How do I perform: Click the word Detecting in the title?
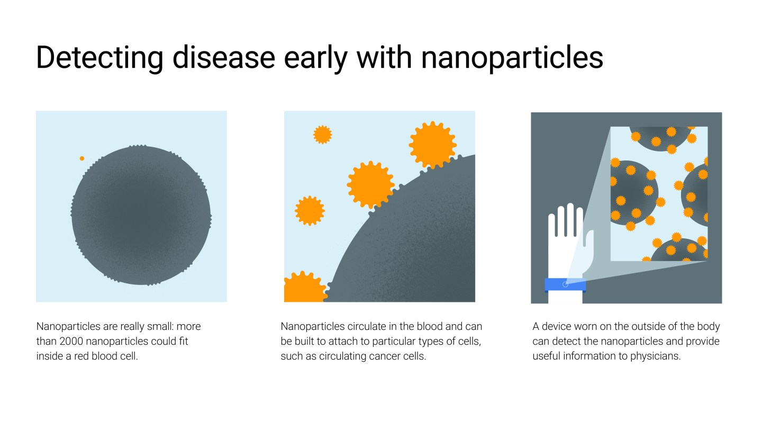pos(99,58)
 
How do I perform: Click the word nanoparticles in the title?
pos(512,58)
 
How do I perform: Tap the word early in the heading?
pos(315,58)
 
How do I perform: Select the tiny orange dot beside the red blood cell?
pos(82,158)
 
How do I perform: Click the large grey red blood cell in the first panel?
pos(141,215)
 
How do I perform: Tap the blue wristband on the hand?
pos(565,284)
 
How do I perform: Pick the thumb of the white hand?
pos(589,244)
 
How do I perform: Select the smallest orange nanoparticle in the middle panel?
pos(322,135)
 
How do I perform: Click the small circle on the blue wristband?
pos(565,284)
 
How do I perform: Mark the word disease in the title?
pos(223,58)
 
